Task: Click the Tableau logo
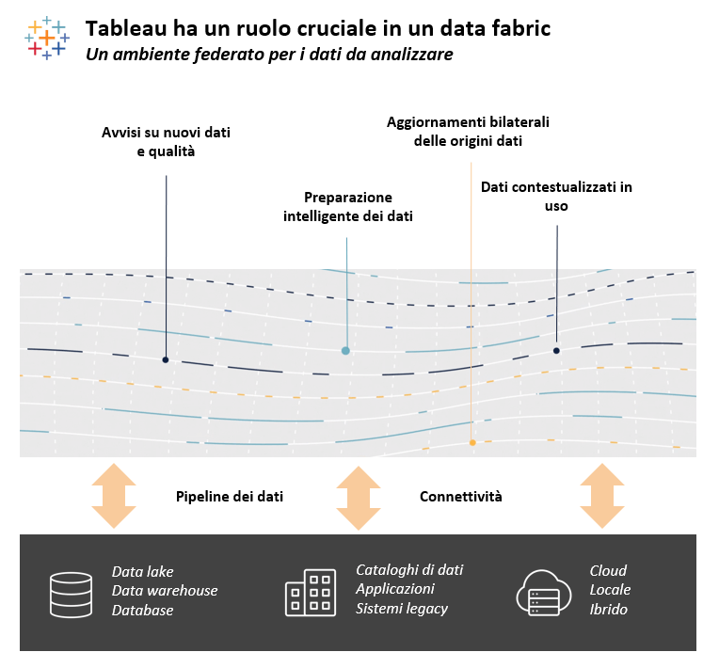(45, 38)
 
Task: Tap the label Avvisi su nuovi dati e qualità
(166, 141)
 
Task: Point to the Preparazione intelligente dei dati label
(348, 207)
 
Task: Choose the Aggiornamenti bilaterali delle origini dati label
(468, 132)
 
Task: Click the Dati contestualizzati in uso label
(556, 197)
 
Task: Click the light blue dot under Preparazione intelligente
(345, 350)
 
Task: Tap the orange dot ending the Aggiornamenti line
(472, 442)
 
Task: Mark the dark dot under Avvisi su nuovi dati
(166, 359)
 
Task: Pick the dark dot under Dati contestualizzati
(556, 350)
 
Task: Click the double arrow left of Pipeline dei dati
(114, 496)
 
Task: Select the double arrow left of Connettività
(359, 496)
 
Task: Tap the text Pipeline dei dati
(230, 496)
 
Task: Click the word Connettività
(460, 496)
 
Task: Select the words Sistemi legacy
(401, 609)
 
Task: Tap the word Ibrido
(608, 610)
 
